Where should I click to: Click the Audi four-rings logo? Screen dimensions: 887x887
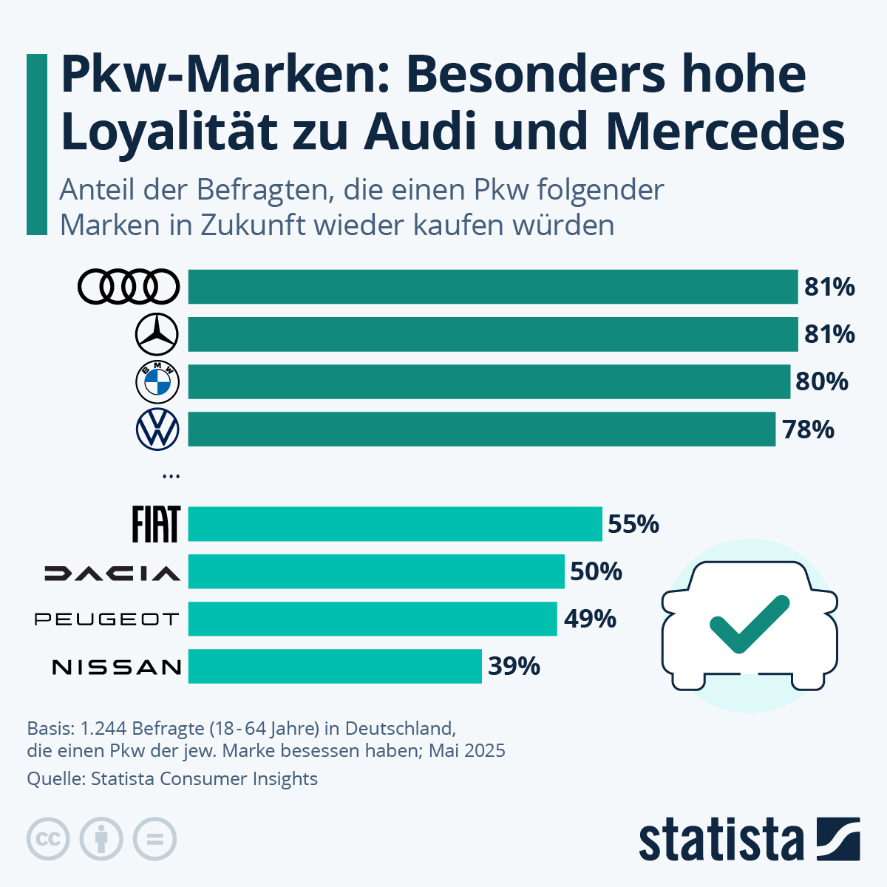pyautogui.click(x=129, y=287)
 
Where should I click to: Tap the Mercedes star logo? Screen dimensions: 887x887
pyautogui.click(x=157, y=334)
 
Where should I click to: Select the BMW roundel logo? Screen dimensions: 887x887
pyautogui.click(x=157, y=382)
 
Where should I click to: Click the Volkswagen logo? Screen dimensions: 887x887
pyautogui.click(x=157, y=429)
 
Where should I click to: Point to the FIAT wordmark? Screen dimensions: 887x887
pyautogui.click(x=155, y=524)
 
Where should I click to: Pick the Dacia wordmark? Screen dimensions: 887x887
pyautogui.click(x=112, y=573)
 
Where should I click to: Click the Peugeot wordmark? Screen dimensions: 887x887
pyautogui.click(x=107, y=619)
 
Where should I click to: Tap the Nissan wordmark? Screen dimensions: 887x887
pyautogui.click(x=117, y=667)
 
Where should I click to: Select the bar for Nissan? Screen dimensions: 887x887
pyautogui.click(x=335, y=666)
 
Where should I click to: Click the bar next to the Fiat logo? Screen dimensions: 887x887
pyautogui.click(x=395, y=524)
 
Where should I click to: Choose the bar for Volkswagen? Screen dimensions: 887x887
pyautogui.click(x=481, y=429)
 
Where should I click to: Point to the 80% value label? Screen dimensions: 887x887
pyautogui.click(x=821, y=382)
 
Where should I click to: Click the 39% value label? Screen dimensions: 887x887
pyautogui.click(x=514, y=667)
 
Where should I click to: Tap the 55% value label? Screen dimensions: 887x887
pyautogui.click(x=633, y=524)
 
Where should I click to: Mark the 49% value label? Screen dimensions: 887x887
pyautogui.click(x=590, y=619)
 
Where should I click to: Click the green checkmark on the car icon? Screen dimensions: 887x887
pyautogui.click(x=748, y=625)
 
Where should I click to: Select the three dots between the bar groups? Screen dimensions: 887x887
pyautogui.click(x=171, y=477)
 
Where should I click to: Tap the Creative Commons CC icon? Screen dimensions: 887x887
pyautogui.click(x=48, y=840)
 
